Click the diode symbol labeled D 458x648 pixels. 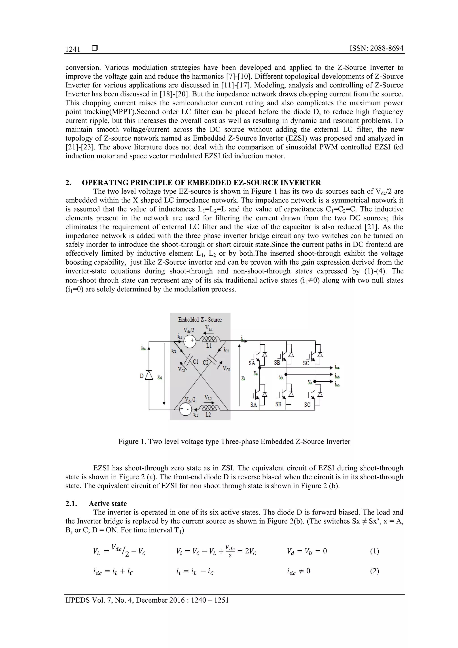149,375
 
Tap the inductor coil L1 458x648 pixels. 209,339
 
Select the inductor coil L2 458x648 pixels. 209,408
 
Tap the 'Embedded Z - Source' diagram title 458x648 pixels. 200,320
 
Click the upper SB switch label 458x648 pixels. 277,363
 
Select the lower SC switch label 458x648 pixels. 307,405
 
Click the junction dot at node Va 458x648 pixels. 260,368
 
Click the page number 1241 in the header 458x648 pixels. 73,49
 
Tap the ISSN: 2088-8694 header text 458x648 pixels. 376,48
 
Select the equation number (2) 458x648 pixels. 374,571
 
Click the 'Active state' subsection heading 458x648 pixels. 108,504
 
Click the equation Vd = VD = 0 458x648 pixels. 307,551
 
